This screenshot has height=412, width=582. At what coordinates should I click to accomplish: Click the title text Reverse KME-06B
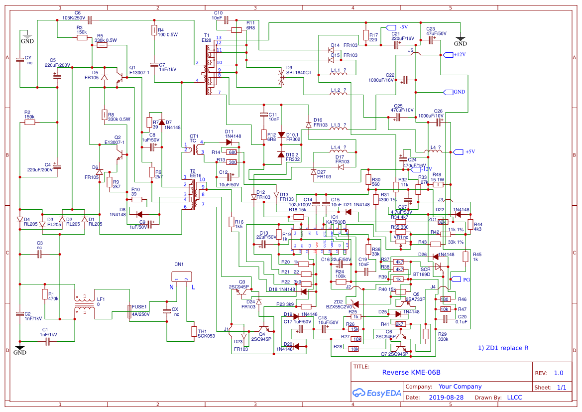[411, 372]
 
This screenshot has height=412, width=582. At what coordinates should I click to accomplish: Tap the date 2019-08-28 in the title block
[446, 398]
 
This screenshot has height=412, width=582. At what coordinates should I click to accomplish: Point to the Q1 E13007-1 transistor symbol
[120, 76]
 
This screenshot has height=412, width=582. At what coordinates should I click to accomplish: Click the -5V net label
[403, 27]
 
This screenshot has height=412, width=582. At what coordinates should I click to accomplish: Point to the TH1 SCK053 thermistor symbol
[194, 332]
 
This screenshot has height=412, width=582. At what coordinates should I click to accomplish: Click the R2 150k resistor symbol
[30, 122]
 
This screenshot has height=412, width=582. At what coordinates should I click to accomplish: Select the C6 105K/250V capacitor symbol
[90, 20]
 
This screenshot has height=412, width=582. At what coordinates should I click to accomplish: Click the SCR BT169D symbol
[438, 267]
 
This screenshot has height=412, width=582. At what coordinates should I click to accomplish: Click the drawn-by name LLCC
[514, 398]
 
